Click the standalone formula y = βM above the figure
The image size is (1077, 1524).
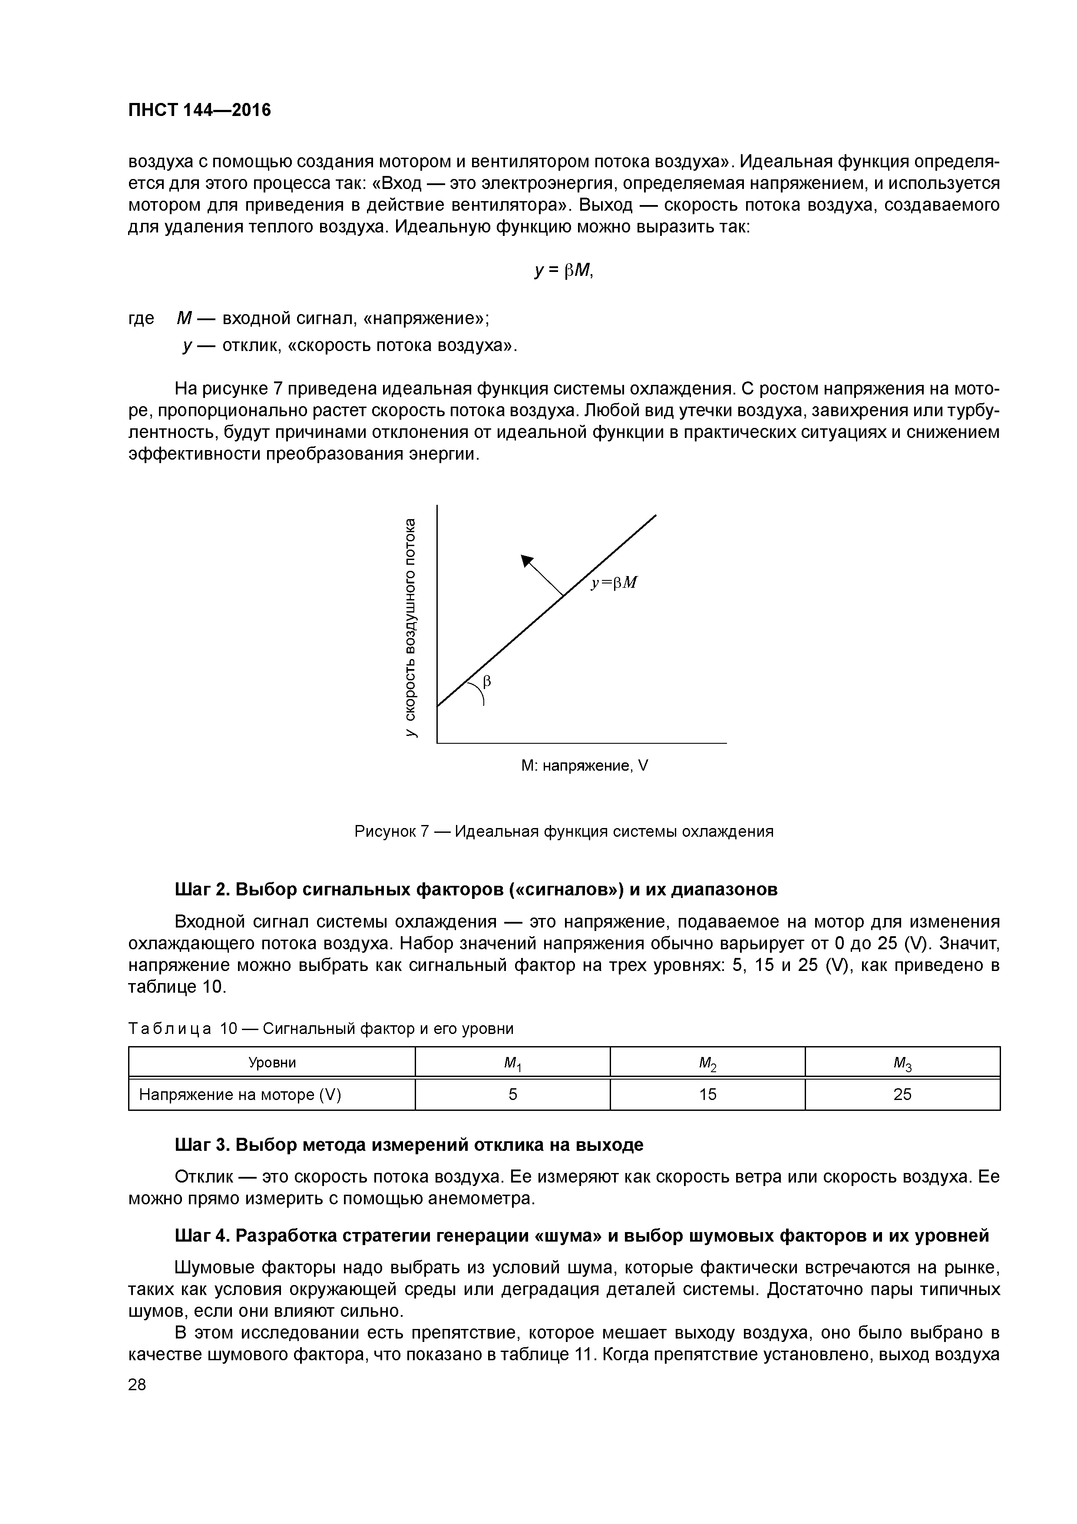pos(563,271)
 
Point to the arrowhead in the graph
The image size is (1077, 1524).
pos(528,562)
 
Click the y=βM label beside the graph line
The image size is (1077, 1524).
pos(614,583)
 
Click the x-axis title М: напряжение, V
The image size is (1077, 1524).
pos(584,766)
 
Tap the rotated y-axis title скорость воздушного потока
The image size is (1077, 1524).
pos(411,627)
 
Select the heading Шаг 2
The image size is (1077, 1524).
pos(476,889)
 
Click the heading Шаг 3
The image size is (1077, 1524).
pos(409,1145)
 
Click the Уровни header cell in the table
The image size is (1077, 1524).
pos(272,1063)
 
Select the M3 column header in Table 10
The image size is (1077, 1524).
pos(902,1064)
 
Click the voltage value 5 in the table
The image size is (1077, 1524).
pos(513,1094)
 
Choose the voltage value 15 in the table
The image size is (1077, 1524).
pos(708,1094)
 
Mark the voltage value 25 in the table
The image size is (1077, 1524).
pos(902,1094)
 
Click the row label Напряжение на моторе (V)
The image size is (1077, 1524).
pos(240,1094)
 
